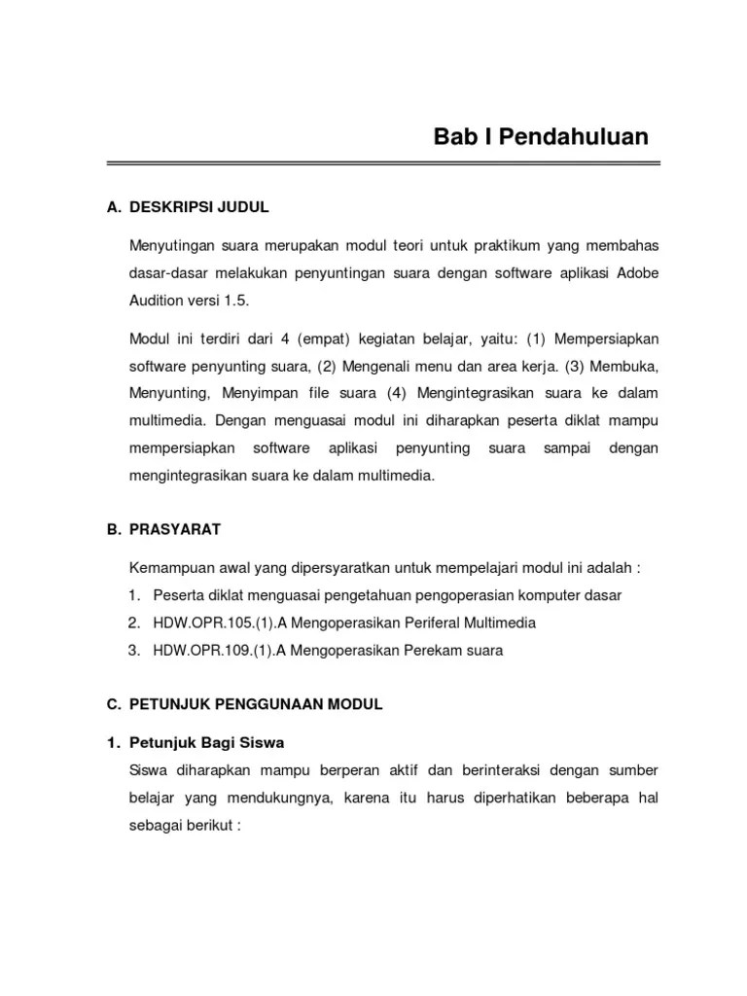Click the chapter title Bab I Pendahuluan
point(541,136)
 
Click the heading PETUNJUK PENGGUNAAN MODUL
point(256,705)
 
